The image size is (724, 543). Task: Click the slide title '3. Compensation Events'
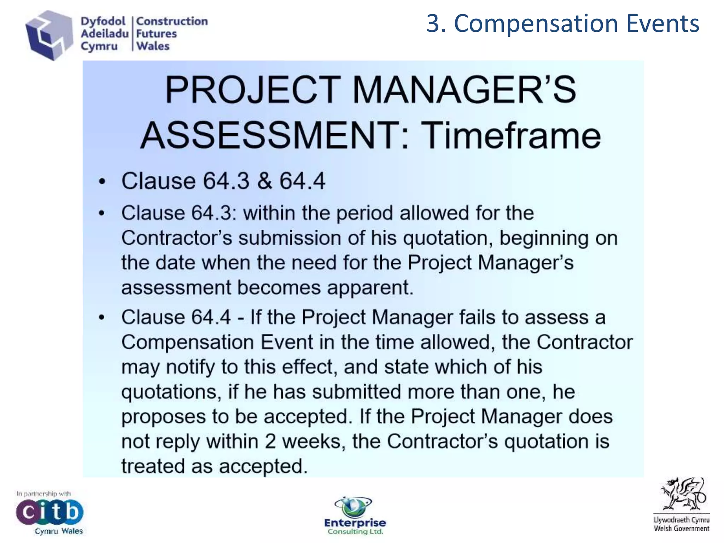point(562,24)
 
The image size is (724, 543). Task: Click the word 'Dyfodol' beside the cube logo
point(103,21)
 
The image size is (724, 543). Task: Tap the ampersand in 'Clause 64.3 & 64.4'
point(264,181)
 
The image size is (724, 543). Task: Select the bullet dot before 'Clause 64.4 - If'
point(102,317)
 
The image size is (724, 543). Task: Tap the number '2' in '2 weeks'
point(270,442)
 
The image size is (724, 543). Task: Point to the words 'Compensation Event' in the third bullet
point(217,342)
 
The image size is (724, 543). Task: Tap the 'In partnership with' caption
point(43,494)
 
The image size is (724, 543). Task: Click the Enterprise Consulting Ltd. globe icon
point(353,506)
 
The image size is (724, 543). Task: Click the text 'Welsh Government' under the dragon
point(681,529)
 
